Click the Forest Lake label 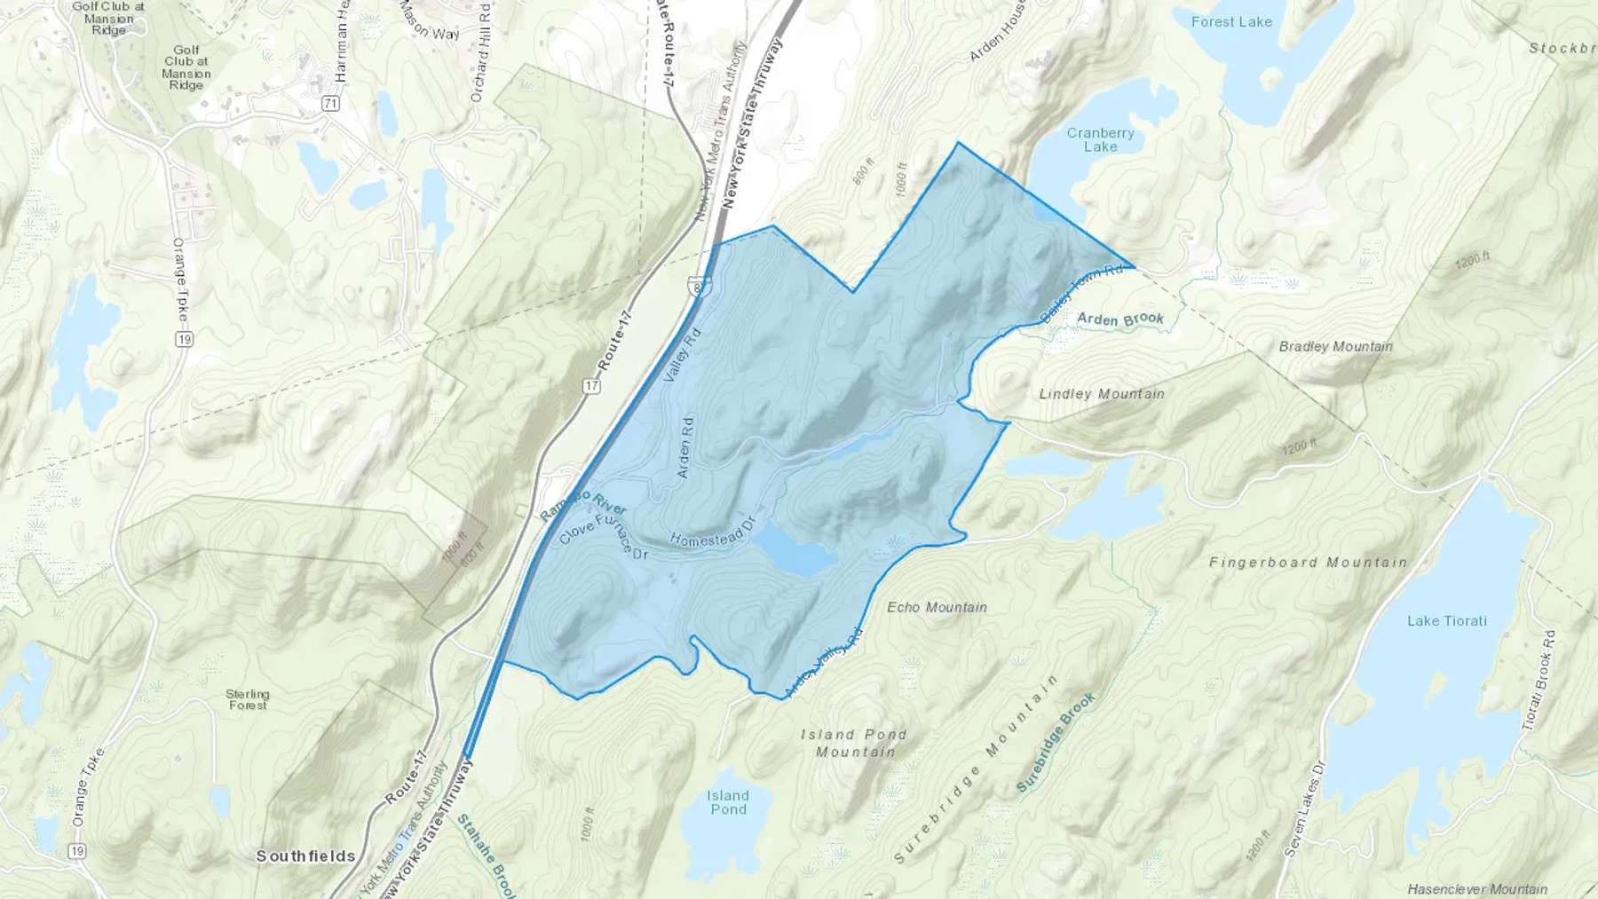tap(1231, 22)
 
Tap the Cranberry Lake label tap(1100, 140)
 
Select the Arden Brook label tap(1120, 319)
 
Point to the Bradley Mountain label tap(1335, 347)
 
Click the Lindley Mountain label tap(1102, 394)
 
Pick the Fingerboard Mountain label tap(1308, 563)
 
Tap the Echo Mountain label tap(937, 608)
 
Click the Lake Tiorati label tap(1446, 621)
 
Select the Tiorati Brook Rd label tap(1539, 681)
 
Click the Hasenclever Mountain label tap(1477, 889)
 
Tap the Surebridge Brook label tap(1056, 742)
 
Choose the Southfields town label tap(305, 856)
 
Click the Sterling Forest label tap(248, 699)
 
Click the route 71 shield tap(330, 104)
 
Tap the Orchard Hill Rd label tap(479, 52)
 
